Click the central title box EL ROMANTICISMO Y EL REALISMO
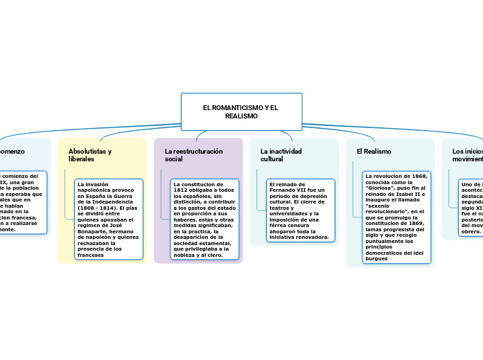(x=241, y=111)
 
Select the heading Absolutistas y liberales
(x=90, y=154)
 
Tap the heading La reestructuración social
(x=193, y=154)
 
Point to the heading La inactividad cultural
(x=281, y=154)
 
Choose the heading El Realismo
(x=374, y=151)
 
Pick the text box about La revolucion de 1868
(x=396, y=217)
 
